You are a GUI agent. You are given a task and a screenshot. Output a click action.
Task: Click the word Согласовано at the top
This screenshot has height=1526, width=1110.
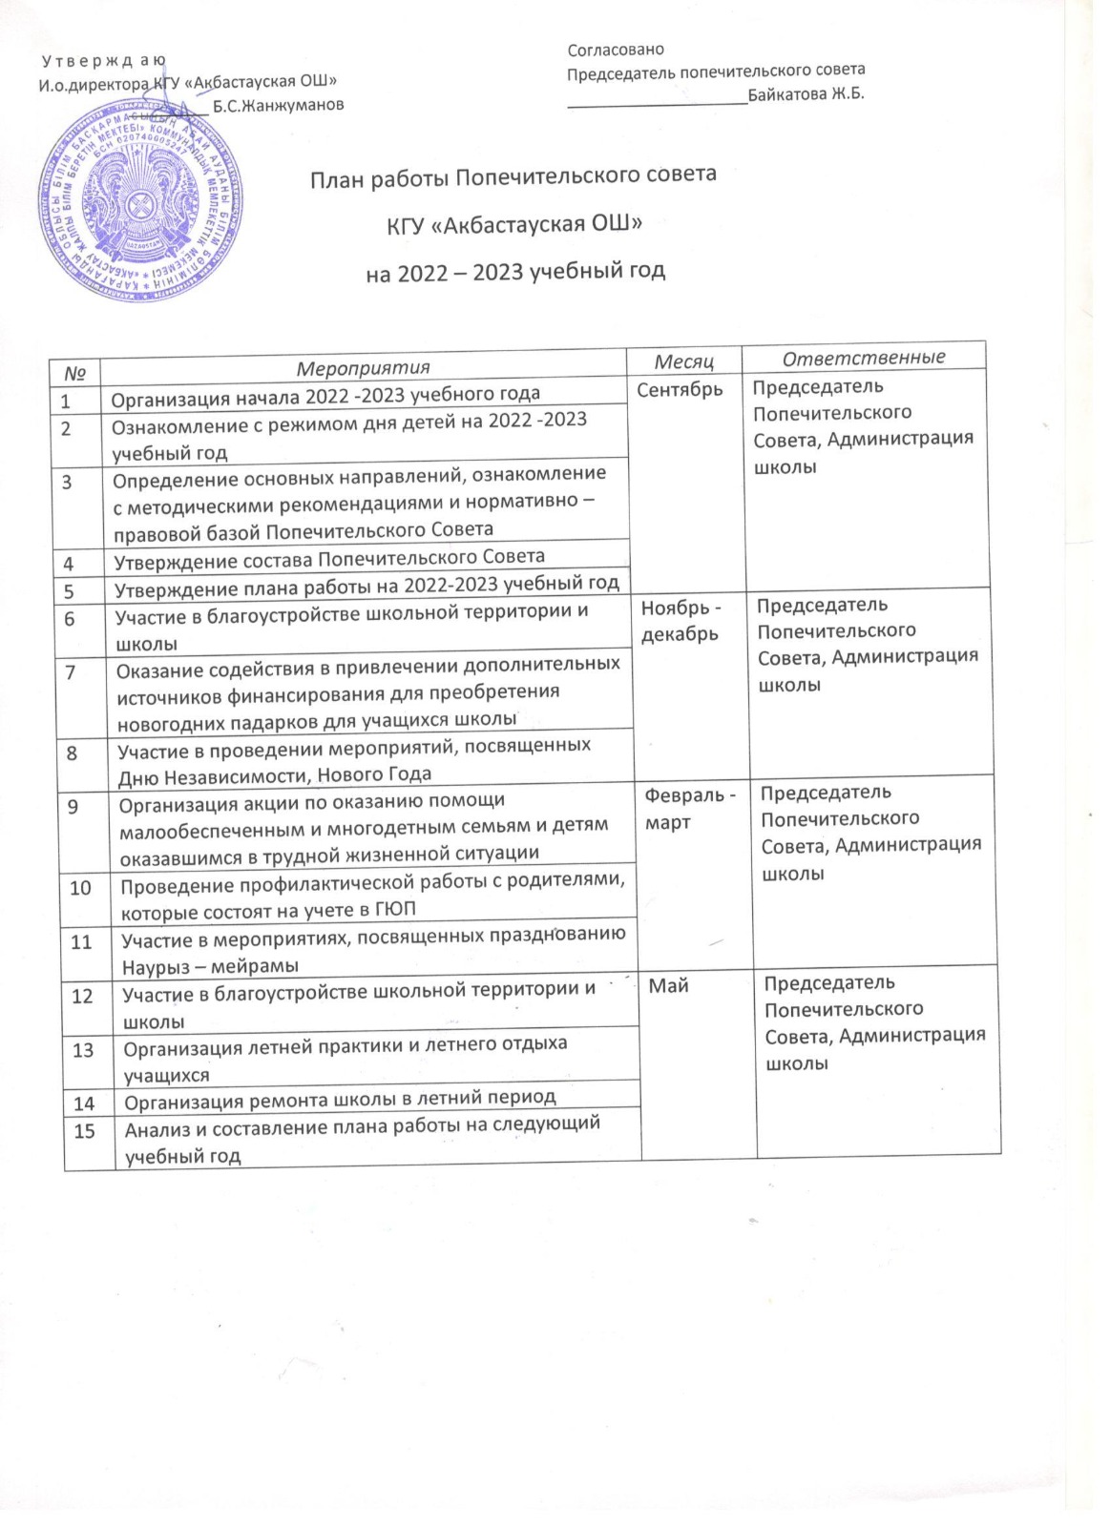point(616,50)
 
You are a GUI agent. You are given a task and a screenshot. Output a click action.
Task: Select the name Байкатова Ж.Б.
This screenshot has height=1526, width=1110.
point(806,93)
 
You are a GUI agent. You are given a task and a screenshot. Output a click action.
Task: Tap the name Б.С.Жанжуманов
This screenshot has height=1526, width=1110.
point(278,105)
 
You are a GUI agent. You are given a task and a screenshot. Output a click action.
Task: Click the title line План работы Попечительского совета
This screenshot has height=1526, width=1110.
point(513,176)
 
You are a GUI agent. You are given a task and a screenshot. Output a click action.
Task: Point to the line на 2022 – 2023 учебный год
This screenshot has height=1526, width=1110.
point(515,272)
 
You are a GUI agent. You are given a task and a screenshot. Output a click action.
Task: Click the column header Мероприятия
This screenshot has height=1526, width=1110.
point(363,367)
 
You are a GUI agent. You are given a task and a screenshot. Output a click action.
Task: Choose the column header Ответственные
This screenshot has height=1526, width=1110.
point(864,358)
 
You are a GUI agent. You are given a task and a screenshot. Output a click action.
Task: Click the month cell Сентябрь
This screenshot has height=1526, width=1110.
point(680,389)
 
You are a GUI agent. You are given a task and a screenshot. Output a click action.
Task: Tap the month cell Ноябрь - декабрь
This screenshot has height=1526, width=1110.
point(681,620)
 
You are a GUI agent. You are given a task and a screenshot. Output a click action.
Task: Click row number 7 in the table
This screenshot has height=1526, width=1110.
point(69,670)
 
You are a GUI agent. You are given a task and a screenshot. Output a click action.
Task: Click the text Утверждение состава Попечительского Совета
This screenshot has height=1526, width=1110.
point(329,558)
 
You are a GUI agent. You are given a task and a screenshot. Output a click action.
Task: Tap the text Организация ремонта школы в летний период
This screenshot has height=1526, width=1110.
point(353,1102)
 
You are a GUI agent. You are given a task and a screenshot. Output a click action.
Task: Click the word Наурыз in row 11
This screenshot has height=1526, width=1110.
point(158,965)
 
